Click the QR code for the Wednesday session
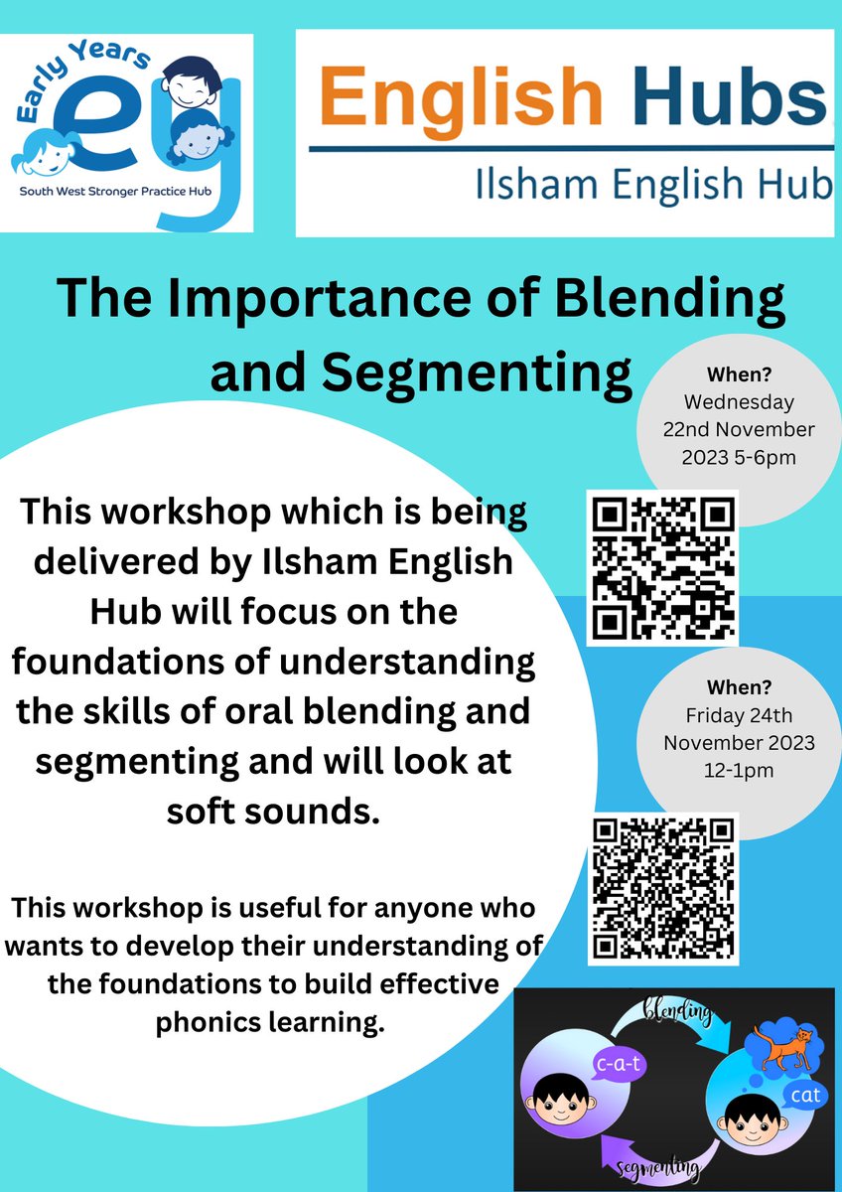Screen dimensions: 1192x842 [x=661, y=567]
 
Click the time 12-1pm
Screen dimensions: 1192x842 [x=739, y=770]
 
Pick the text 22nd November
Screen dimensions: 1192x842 [x=739, y=429]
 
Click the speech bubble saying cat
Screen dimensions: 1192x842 [x=804, y=1096]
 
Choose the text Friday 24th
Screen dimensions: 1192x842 [x=738, y=714]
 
